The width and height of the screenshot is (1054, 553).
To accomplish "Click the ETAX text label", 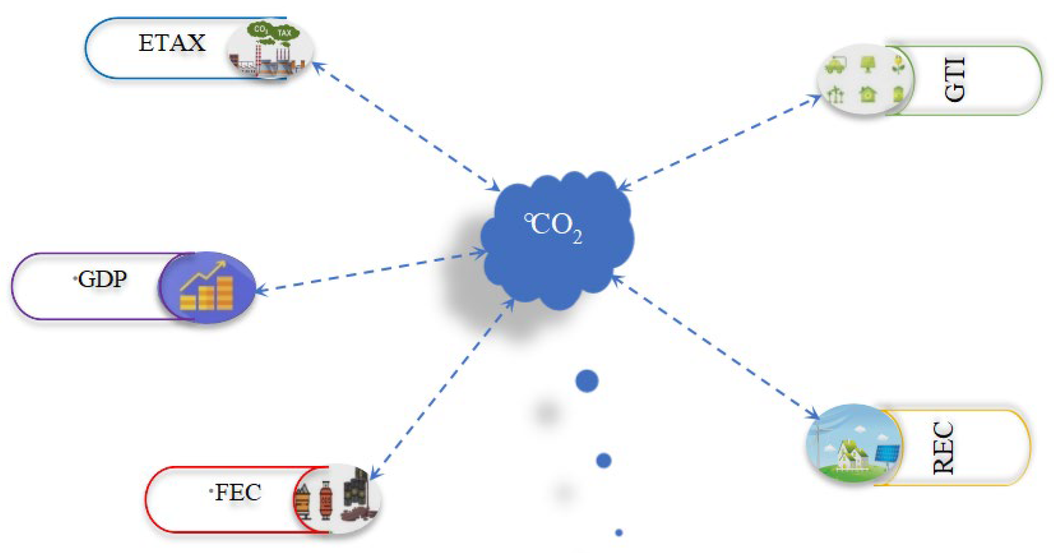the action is tap(172, 43).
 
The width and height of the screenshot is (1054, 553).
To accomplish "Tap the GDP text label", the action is tap(102, 279).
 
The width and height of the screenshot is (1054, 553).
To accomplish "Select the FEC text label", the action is tap(237, 492).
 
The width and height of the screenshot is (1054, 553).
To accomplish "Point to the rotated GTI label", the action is tap(954, 79).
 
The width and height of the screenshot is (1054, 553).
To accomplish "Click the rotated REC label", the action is tap(943, 447).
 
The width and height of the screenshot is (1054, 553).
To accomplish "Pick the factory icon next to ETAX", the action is tap(269, 50).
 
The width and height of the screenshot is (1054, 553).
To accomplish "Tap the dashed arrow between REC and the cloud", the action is tap(716, 347).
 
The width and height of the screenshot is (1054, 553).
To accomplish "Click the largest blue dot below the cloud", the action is tap(587, 381).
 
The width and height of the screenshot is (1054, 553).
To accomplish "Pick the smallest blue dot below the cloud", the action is tap(619, 533).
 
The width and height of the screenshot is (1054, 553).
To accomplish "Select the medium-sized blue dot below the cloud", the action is tap(603, 461).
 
